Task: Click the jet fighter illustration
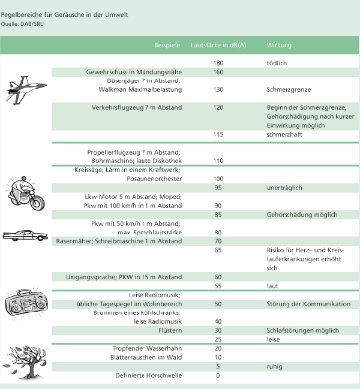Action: click(x=22, y=89)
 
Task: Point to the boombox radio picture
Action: click(x=26, y=304)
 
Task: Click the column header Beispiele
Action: click(x=167, y=46)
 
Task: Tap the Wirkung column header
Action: click(x=279, y=46)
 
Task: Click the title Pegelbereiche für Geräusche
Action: click(x=64, y=14)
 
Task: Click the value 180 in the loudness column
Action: click(x=218, y=63)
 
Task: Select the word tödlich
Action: click(x=277, y=63)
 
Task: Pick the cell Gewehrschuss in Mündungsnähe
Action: click(x=134, y=72)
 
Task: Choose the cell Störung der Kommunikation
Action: click(x=308, y=304)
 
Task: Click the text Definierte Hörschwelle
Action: click(x=148, y=376)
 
